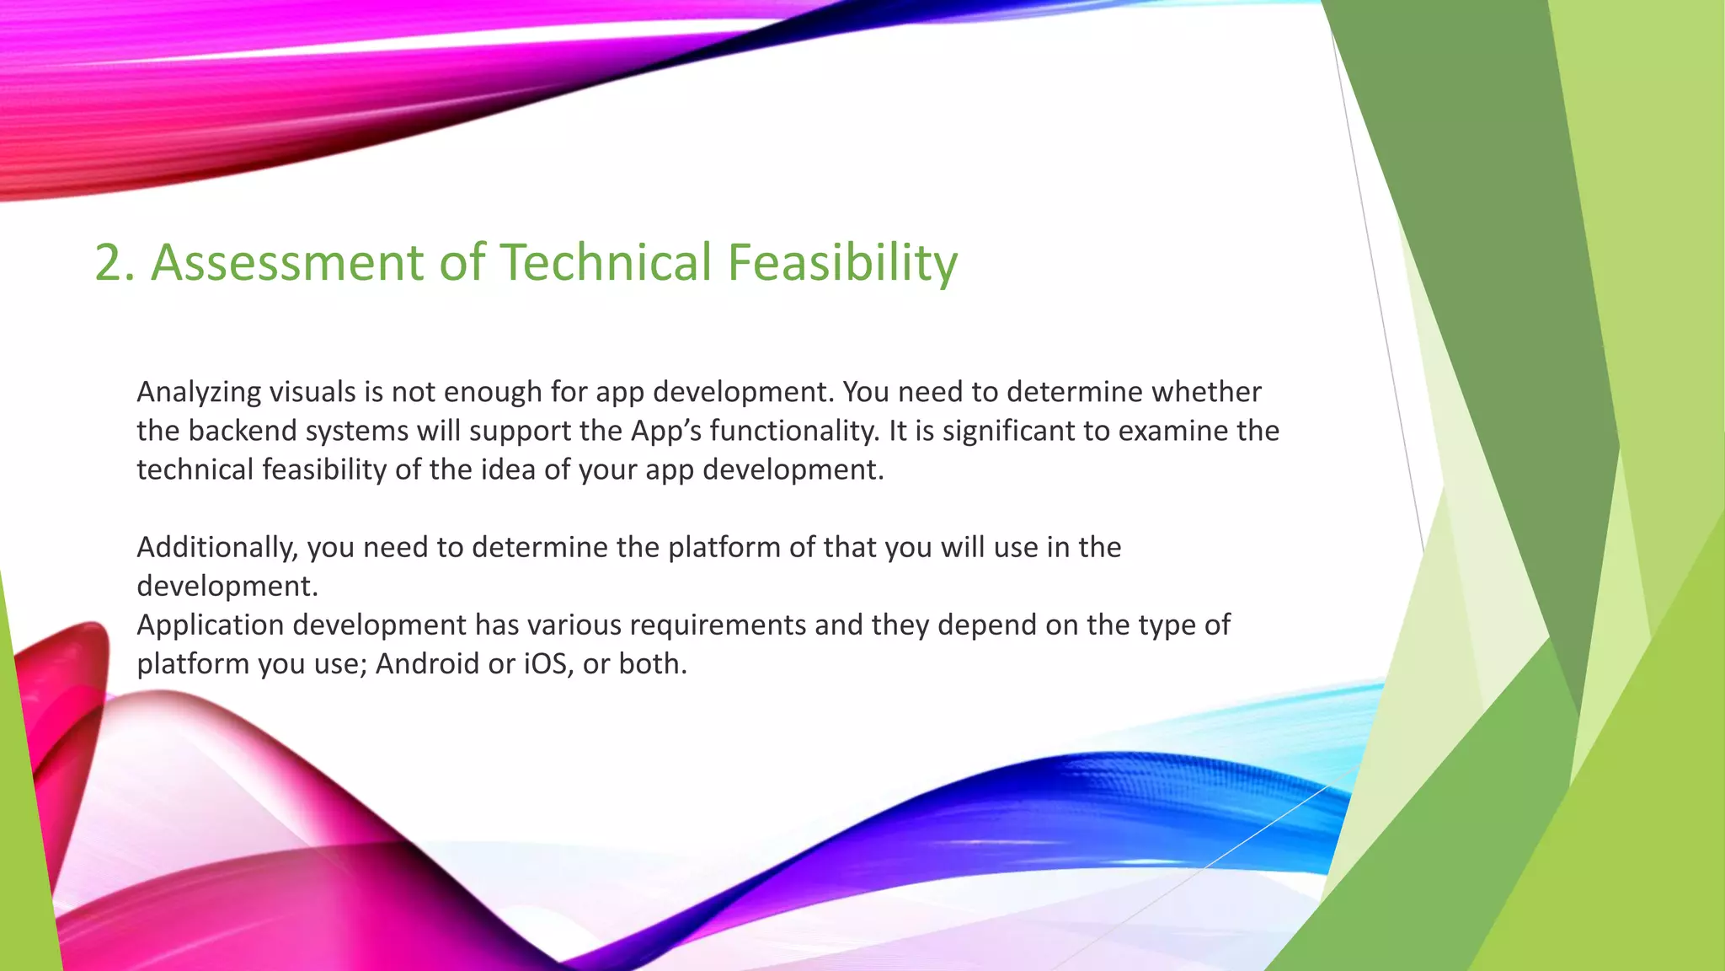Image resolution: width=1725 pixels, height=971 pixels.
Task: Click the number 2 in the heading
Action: click(x=109, y=262)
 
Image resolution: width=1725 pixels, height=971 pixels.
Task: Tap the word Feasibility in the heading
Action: click(x=842, y=262)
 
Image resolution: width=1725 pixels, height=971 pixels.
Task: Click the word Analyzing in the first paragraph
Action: click(x=199, y=393)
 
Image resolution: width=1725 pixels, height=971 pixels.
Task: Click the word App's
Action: click(x=665, y=431)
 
